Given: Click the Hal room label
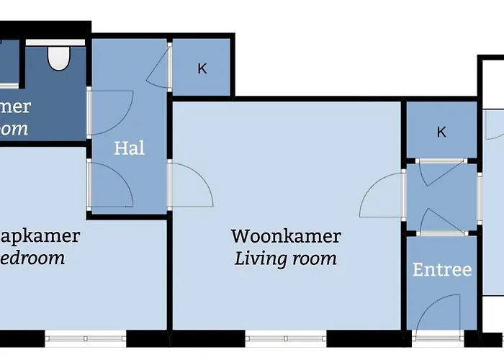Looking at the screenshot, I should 130,148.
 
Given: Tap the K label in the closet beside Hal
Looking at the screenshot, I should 202,69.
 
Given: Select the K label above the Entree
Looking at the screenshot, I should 441,132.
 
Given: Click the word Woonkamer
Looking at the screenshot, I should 286,236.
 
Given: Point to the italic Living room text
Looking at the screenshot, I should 286,258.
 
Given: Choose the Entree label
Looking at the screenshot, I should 441,270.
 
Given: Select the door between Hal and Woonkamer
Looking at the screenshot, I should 190,185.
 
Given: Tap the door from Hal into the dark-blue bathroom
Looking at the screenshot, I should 109,112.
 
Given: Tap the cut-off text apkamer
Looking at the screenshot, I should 40,236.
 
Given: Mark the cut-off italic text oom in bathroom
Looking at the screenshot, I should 14,129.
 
